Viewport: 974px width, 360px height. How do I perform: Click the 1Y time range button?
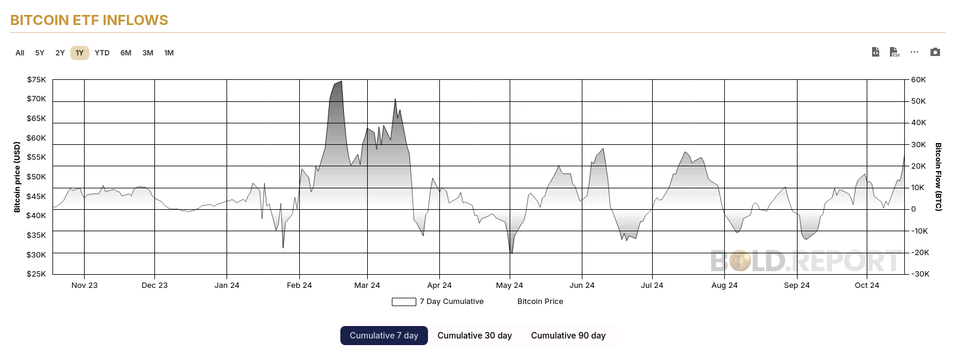click(79, 53)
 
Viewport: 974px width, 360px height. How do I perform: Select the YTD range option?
click(102, 53)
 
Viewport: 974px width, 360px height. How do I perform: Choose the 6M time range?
click(126, 53)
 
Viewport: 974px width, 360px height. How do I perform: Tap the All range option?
click(20, 53)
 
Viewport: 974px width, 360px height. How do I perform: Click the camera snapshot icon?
click(935, 52)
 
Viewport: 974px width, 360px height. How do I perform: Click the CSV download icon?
click(894, 52)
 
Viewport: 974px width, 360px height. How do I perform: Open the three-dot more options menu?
click(914, 52)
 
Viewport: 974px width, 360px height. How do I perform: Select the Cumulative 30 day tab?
click(474, 336)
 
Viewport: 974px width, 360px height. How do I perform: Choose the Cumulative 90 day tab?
click(568, 336)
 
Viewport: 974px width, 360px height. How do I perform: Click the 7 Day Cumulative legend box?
click(404, 302)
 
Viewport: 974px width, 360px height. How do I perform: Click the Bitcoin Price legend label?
click(540, 302)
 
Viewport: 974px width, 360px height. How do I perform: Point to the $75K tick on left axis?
click(36, 80)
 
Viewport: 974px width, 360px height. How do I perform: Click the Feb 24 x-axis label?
click(299, 285)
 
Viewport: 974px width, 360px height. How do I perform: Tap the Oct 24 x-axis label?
click(867, 285)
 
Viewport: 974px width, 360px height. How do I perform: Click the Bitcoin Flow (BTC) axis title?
click(938, 176)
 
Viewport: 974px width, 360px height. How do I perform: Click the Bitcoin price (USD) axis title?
click(17, 176)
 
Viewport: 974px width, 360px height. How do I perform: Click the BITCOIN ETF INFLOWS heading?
click(89, 20)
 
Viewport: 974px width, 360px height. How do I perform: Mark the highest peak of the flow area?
click(341, 82)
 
